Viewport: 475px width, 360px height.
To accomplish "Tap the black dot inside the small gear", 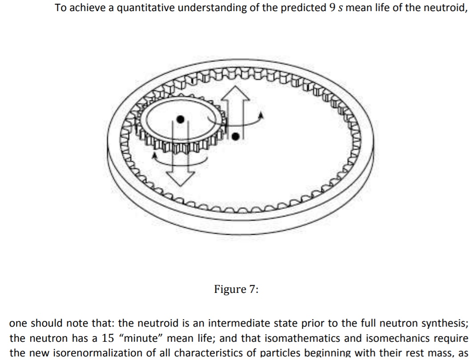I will point(180,119).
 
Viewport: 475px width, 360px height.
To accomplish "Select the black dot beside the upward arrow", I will point(237,136).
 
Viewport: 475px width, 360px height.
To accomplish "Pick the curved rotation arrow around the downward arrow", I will point(178,158).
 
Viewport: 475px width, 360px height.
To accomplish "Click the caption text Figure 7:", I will point(236,289).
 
